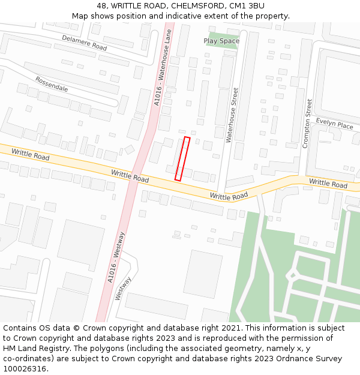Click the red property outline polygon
point(182,158)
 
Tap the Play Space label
point(221,41)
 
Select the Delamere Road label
point(84,43)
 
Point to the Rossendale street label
point(52,84)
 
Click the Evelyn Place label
point(334,124)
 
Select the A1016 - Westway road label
point(116,257)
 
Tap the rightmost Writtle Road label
point(328,183)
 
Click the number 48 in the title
point(101,6)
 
